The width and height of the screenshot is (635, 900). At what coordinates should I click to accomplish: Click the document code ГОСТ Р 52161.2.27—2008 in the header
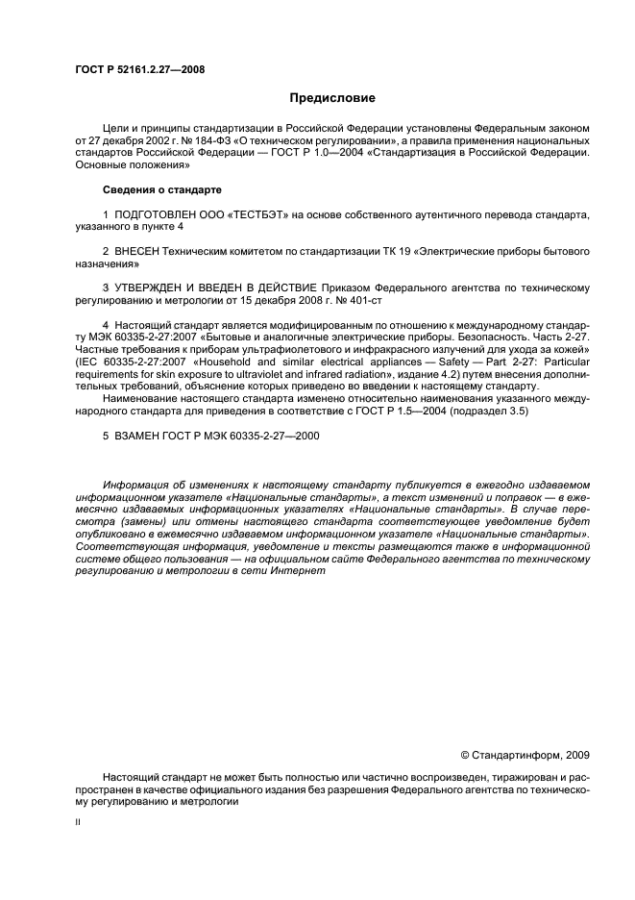pos(138,69)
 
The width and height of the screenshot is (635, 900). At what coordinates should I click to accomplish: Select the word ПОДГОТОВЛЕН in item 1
pos(153,213)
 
